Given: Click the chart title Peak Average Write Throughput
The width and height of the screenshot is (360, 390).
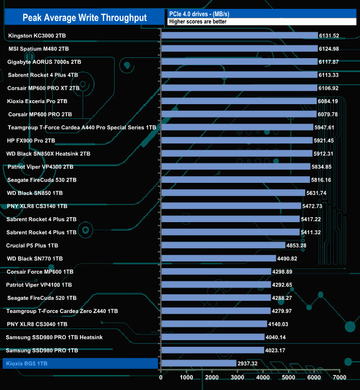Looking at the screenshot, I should pos(85,18).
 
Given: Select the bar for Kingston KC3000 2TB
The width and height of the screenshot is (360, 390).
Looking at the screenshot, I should pos(239,35).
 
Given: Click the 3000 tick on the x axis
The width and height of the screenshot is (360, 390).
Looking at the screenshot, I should pos(237,378).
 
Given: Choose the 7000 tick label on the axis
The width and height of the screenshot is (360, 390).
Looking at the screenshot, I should pos(339,378).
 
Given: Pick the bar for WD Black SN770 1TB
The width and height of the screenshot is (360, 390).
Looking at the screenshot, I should pos(218,258).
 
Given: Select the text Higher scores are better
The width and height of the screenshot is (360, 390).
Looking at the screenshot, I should pos(198,22).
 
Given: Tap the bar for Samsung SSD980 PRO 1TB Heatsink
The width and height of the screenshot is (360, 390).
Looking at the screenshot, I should pos(213,337).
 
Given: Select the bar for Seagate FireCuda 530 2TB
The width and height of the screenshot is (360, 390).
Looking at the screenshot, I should pos(235,179).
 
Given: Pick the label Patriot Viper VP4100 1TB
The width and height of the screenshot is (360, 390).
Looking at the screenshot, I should pos(39,284).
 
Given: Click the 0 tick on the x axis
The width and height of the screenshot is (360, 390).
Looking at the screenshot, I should pos(161,378).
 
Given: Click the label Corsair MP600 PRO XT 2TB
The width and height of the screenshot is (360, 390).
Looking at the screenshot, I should pos(43,88).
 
